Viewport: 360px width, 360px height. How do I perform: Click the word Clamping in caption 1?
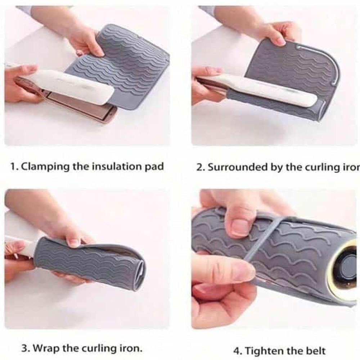tap(45, 166)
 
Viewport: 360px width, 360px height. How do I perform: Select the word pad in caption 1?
tap(154, 166)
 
